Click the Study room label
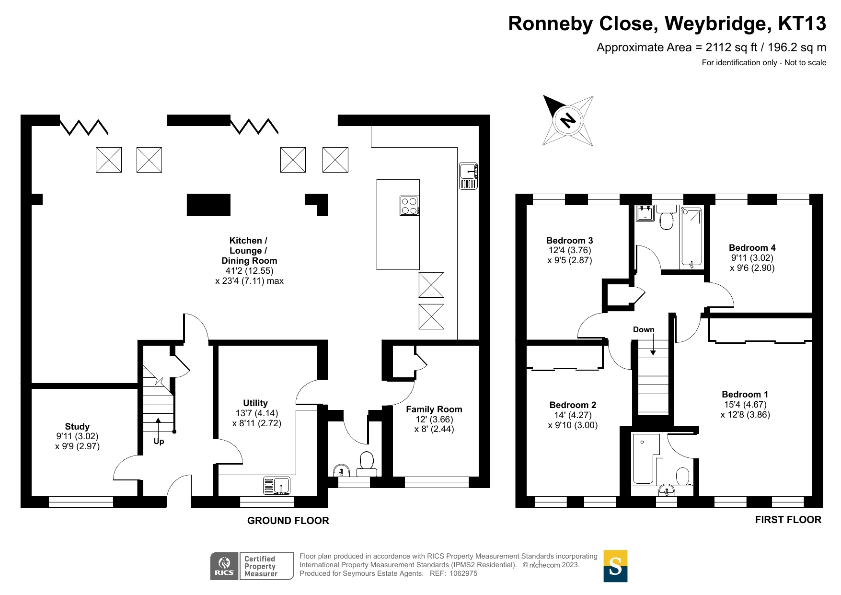[77, 426]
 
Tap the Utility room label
[255, 403]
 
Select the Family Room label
[434, 409]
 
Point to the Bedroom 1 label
[745, 395]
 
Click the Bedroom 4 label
[752, 248]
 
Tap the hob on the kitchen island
[409, 206]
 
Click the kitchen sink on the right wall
[468, 176]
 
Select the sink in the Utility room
[277, 485]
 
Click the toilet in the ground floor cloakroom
[367, 463]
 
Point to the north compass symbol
[568, 120]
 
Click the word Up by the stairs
[159, 441]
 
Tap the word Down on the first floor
[644, 330]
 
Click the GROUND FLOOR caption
[288, 521]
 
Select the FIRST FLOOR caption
[788, 520]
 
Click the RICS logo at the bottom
[224, 566]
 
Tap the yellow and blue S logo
[615, 566]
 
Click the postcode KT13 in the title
[802, 23]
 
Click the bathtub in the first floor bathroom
[691, 237]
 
